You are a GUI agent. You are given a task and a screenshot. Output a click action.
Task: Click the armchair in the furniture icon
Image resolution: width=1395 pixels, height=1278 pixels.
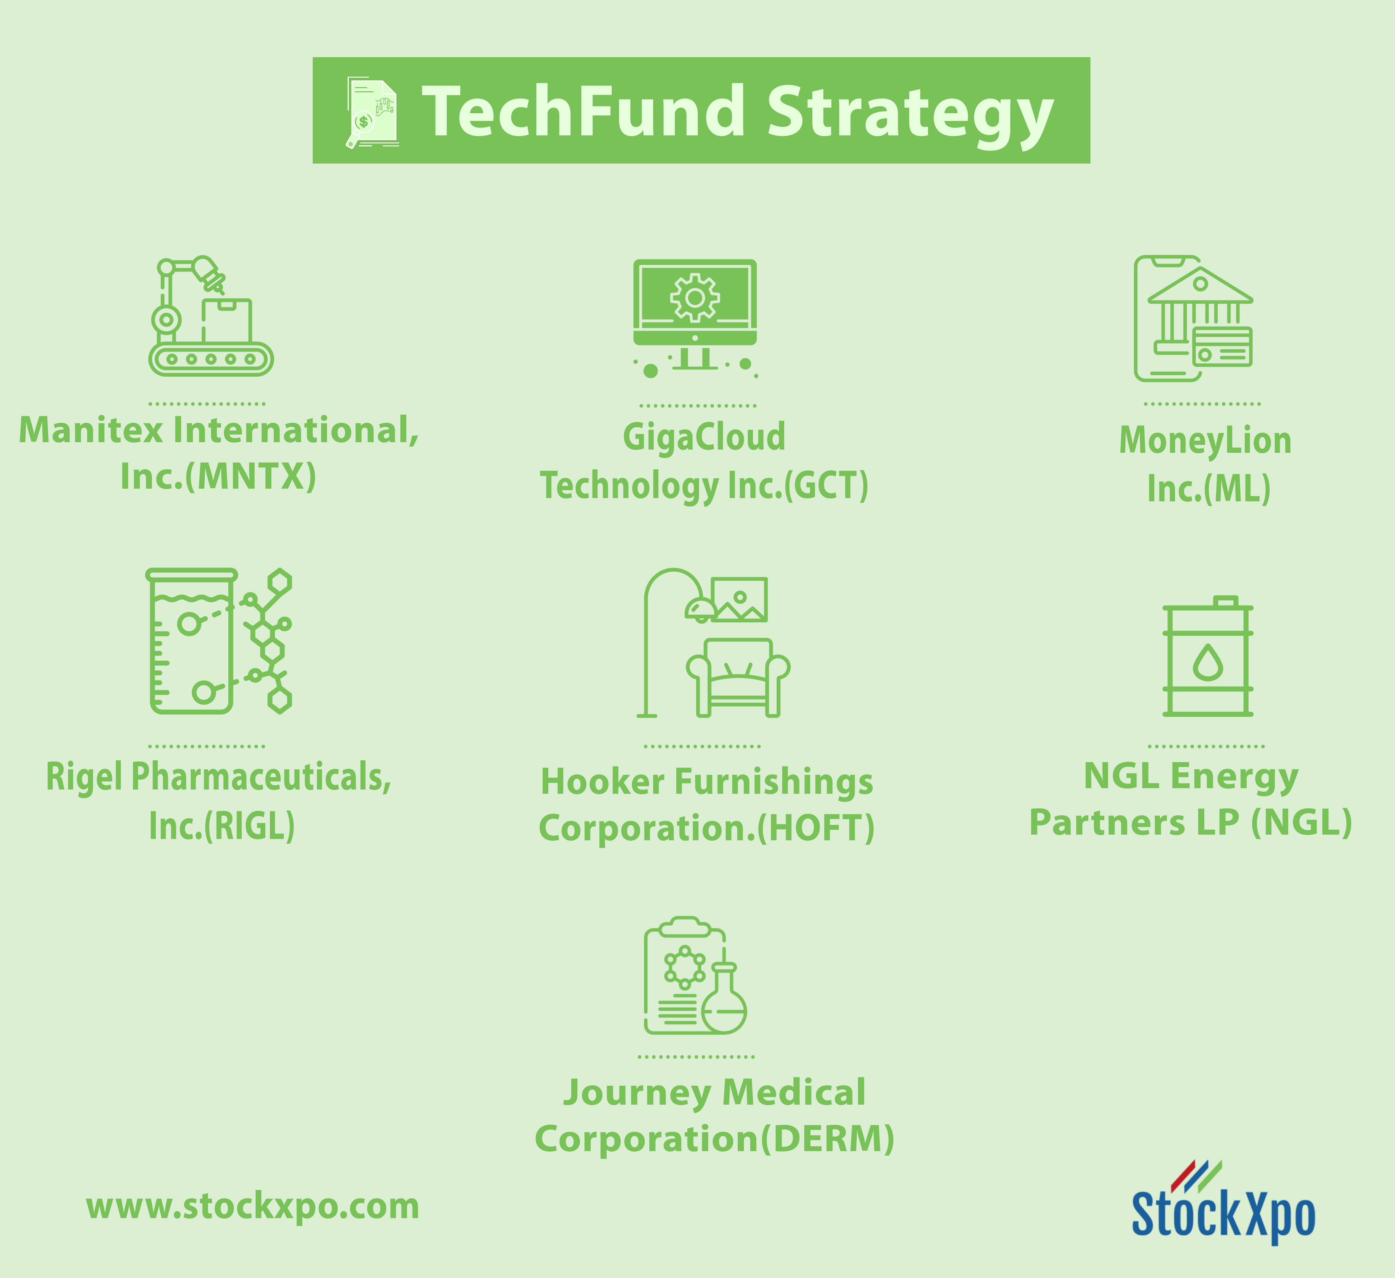click(738, 678)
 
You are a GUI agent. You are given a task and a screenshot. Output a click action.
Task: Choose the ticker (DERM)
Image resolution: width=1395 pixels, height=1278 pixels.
click(828, 1139)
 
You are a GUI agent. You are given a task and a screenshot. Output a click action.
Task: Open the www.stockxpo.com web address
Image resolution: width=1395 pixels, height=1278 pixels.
click(252, 1207)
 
